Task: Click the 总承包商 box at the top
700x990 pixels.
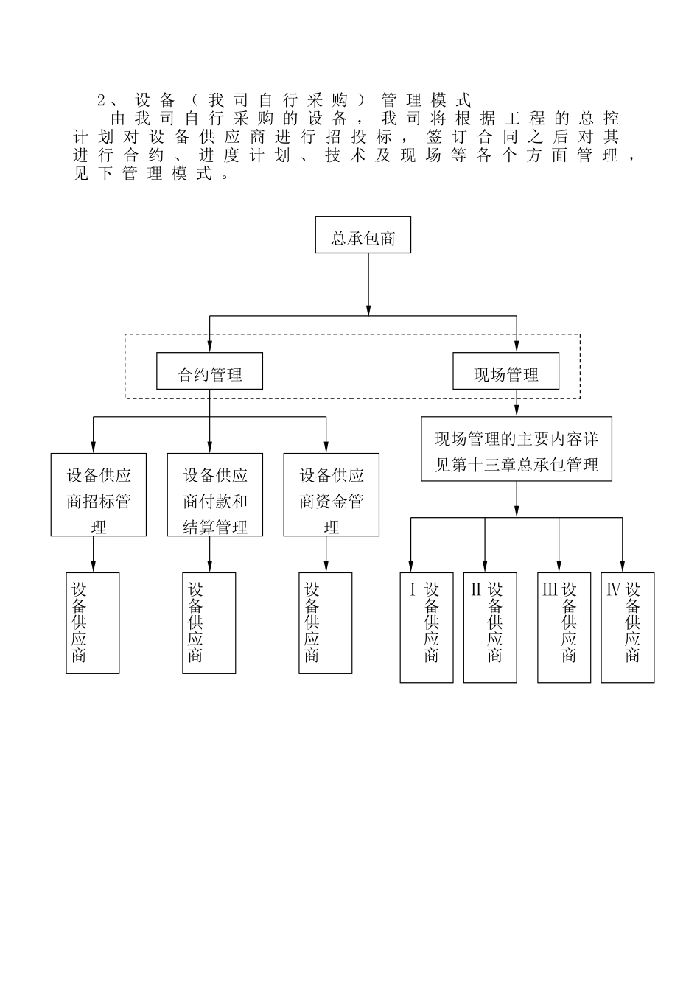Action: [363, 236]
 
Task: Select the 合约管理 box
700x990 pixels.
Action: [210, 372]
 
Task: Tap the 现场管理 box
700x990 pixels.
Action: [505, 372]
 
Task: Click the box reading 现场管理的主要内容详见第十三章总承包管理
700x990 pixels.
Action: [516, 450]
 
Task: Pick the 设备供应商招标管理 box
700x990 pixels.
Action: [98, 495]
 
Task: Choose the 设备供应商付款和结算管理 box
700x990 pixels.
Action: [214, 495]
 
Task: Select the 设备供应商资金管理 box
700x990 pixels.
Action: [331, 495]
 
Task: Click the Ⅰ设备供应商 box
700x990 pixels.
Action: [426, 627]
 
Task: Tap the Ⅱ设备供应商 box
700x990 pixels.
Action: [489, 627]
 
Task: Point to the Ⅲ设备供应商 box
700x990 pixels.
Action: [564, 627]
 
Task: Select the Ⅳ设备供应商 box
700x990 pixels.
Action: [627, 627]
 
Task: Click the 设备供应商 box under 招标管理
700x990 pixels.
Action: [92, 623]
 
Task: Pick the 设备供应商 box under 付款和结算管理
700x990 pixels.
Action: [209, 623]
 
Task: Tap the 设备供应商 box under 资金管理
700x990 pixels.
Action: [325, 623]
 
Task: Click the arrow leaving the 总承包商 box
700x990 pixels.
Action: [368, 284]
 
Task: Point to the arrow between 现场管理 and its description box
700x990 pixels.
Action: [516, 403]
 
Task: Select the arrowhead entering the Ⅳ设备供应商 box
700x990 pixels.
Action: [623, 566]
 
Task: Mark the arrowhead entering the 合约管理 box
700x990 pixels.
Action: [210, 346]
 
